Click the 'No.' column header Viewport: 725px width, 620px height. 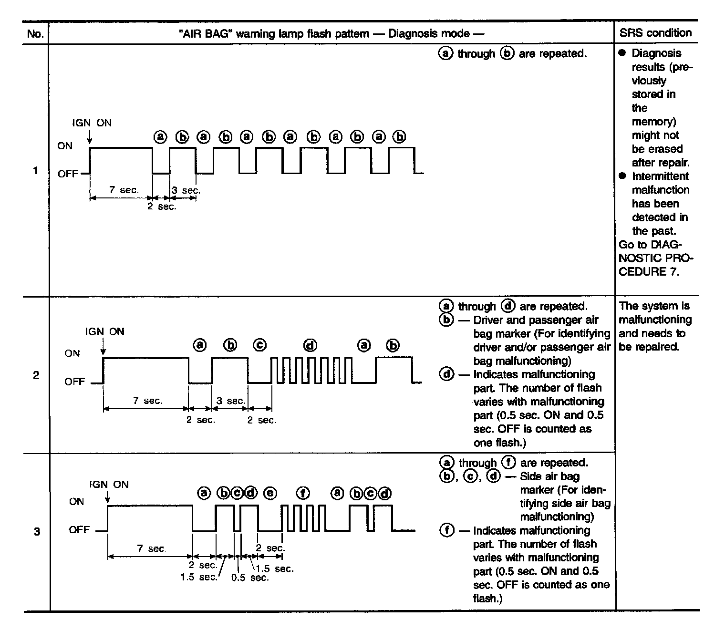point(36,33)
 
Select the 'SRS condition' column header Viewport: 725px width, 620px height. point(655,33)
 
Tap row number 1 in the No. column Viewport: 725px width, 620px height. point(35,170)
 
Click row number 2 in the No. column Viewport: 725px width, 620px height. point(36,375)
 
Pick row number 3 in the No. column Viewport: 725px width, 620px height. point(37,531)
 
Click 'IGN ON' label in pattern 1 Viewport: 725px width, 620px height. point(92,123)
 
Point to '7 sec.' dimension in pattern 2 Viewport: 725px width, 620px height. point(147,401)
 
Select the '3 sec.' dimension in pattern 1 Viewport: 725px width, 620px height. point(186,190)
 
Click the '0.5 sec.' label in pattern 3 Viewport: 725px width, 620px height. point(250,578)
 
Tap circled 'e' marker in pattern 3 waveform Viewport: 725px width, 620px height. point(270,493)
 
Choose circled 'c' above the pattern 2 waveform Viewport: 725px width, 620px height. point(259,345)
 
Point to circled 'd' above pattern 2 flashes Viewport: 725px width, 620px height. point(310,345)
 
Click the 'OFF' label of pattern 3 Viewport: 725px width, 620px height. point(79,529)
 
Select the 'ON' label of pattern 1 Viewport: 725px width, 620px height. point(65,146)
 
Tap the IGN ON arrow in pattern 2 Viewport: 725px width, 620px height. point(103,346)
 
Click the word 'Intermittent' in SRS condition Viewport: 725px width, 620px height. point(660,176)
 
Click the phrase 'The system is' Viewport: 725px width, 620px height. point(654,306)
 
